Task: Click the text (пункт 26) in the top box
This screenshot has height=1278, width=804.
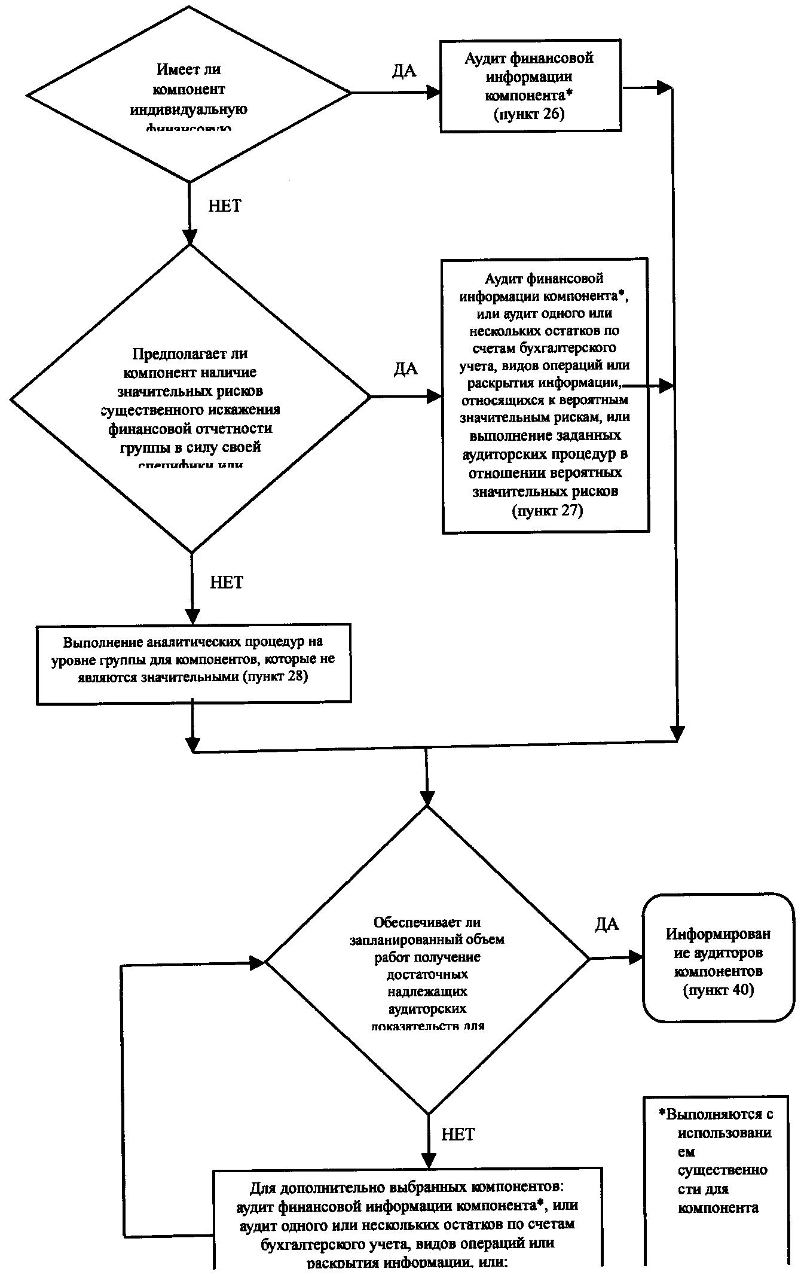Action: point(529,114)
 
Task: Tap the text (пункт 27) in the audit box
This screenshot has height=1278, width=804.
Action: point(547,511)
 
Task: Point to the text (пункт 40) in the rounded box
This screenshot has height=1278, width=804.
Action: point(719,990)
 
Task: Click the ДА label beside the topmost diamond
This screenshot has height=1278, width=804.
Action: point(404,71)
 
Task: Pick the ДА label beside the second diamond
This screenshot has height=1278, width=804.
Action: point(406,368)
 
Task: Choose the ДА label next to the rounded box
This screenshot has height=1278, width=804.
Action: point(607,925)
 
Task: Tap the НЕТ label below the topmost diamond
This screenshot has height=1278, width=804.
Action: point(225,206)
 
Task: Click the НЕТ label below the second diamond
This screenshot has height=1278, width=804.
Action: point(227,582)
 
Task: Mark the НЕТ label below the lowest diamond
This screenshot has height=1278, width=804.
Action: point(458,1134)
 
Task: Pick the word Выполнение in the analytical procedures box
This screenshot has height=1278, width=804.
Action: point(103,643)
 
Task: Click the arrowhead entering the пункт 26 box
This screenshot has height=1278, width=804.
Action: point(433,93)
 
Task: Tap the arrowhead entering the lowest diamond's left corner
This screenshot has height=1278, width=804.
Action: point(257,963)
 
